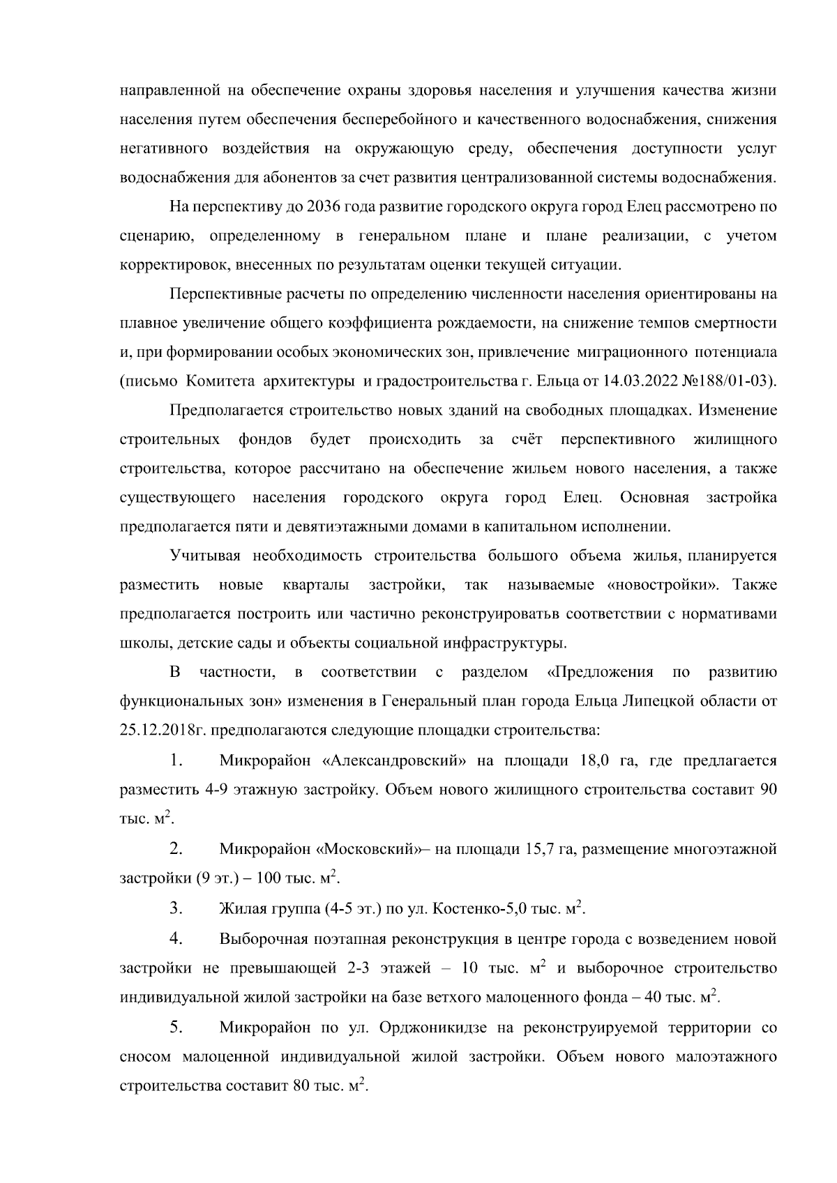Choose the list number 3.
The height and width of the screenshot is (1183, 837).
[175, 908]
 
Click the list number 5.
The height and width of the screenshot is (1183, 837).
[176, 1027]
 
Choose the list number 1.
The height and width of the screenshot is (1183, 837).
[175, 760]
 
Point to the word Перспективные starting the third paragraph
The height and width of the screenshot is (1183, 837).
[222, 293]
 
